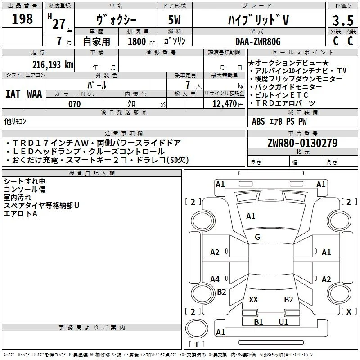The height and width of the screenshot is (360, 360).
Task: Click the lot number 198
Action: tap(22, 19)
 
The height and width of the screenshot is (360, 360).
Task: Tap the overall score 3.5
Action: tap(343, 21)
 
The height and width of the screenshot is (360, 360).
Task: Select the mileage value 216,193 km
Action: tap(53, 65)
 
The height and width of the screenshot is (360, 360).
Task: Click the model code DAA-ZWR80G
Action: tap(258, 41)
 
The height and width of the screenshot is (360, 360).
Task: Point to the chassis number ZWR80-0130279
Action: tap(302, 143)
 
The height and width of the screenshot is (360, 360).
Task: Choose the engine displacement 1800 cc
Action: tap(141, 41)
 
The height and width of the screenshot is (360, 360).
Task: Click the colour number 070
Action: tap(75, 104)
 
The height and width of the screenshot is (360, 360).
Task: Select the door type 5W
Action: tap(174, 20)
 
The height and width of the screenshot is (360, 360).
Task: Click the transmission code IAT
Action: tap(13, 94)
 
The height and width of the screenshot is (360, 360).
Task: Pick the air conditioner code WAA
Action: tap(35, 94)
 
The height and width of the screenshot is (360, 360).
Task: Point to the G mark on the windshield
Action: tap(257, 237)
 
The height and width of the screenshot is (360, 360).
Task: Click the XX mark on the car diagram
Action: tap(253, 299)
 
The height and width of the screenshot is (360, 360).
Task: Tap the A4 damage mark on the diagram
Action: tap(215, 279)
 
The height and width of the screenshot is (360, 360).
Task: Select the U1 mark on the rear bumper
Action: tap(283, 322)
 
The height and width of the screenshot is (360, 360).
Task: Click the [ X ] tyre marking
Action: tap(349, 311)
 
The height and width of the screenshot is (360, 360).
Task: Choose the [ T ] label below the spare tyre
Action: tap(197, 344)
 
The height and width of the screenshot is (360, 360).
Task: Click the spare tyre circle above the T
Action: tap(197, 328)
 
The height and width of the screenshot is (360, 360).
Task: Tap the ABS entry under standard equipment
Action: tap(258, 121)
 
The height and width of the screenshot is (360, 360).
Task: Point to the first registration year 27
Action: tap(59, 24)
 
